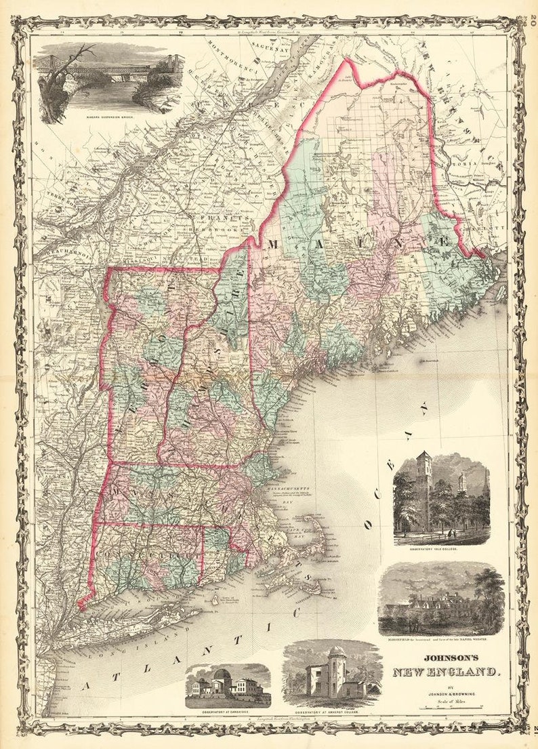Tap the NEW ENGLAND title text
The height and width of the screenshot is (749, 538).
point(447,672)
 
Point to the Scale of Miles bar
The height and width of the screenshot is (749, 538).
point(447,708)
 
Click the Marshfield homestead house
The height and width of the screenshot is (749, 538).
point(440,603)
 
